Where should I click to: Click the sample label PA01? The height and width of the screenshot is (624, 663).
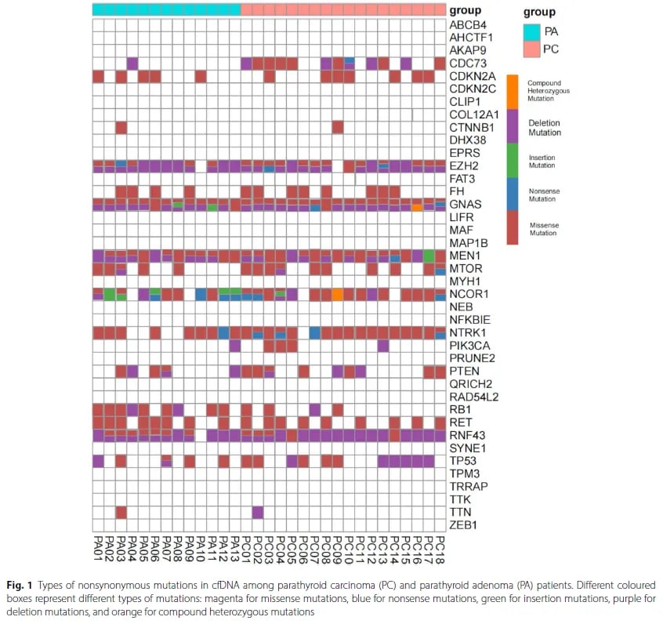[99, 546]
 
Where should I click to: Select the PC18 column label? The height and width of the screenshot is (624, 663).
[440, 546]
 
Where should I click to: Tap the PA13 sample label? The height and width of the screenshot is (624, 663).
[235, 546]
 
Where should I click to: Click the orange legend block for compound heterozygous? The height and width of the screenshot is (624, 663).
[512, 91]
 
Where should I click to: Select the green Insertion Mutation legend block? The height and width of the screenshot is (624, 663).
[512, 160]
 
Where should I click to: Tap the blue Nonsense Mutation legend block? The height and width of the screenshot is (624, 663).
[512, 194]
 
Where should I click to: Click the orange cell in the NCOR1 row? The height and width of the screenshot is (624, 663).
[337, 295]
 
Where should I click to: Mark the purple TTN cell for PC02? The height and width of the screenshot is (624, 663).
[257, 512]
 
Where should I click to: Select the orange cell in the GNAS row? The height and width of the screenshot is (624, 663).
[417, 208]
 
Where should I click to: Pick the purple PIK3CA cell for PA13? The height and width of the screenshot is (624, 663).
[234, 345]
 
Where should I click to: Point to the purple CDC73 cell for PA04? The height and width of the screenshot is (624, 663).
[132, 63]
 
